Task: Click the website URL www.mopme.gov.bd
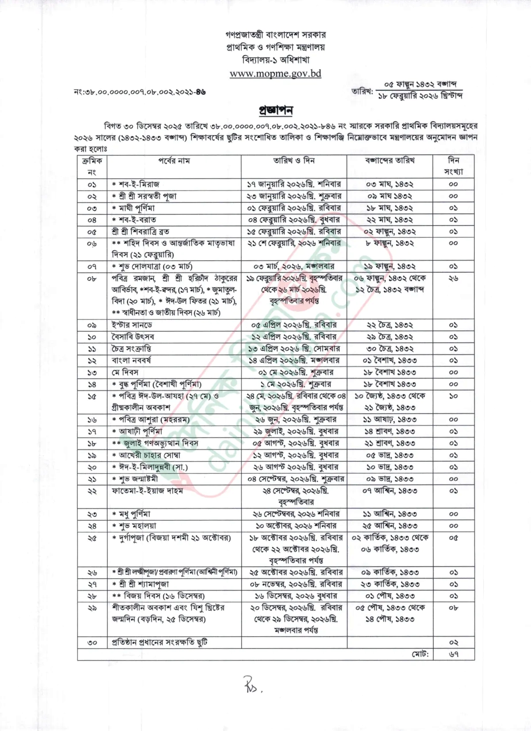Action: coord(275,74)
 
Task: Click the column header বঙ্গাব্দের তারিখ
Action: coord(389,160)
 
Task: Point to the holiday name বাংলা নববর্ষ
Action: coord(131,360)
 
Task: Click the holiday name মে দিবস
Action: coord(125,372)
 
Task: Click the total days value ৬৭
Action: coord(453,654)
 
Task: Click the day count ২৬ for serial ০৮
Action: coord(453,278)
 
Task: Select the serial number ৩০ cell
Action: coord(92,642)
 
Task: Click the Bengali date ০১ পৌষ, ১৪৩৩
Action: coord(390,596)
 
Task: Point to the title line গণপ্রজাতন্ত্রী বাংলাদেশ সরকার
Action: coord(275,35)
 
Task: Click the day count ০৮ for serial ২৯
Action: coord(453,608)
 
